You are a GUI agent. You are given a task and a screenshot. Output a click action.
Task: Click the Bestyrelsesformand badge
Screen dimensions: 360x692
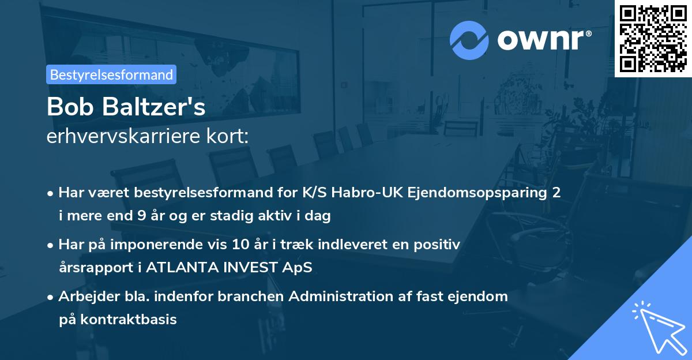click(111, 74)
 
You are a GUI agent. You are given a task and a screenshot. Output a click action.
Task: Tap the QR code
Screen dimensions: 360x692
click(653, 38)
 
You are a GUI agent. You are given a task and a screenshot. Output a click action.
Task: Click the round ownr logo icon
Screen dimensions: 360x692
click(469, 39)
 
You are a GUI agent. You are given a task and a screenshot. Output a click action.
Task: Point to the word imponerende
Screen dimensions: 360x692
click(153, 245)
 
